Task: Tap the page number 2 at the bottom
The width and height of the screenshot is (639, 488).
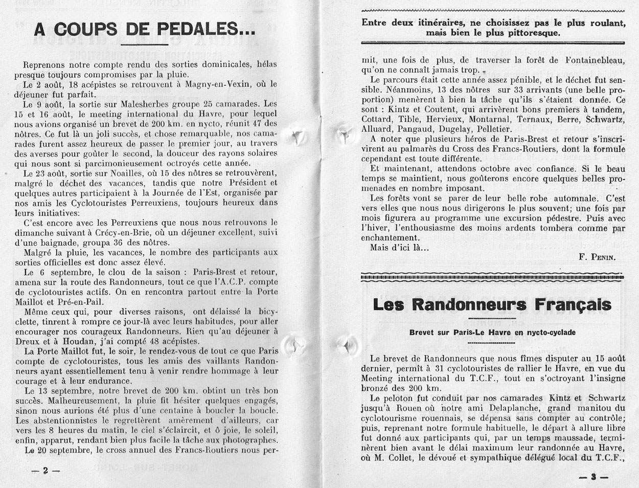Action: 45,471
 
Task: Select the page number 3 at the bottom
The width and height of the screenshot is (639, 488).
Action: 594,477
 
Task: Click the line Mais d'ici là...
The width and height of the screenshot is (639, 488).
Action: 399,248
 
